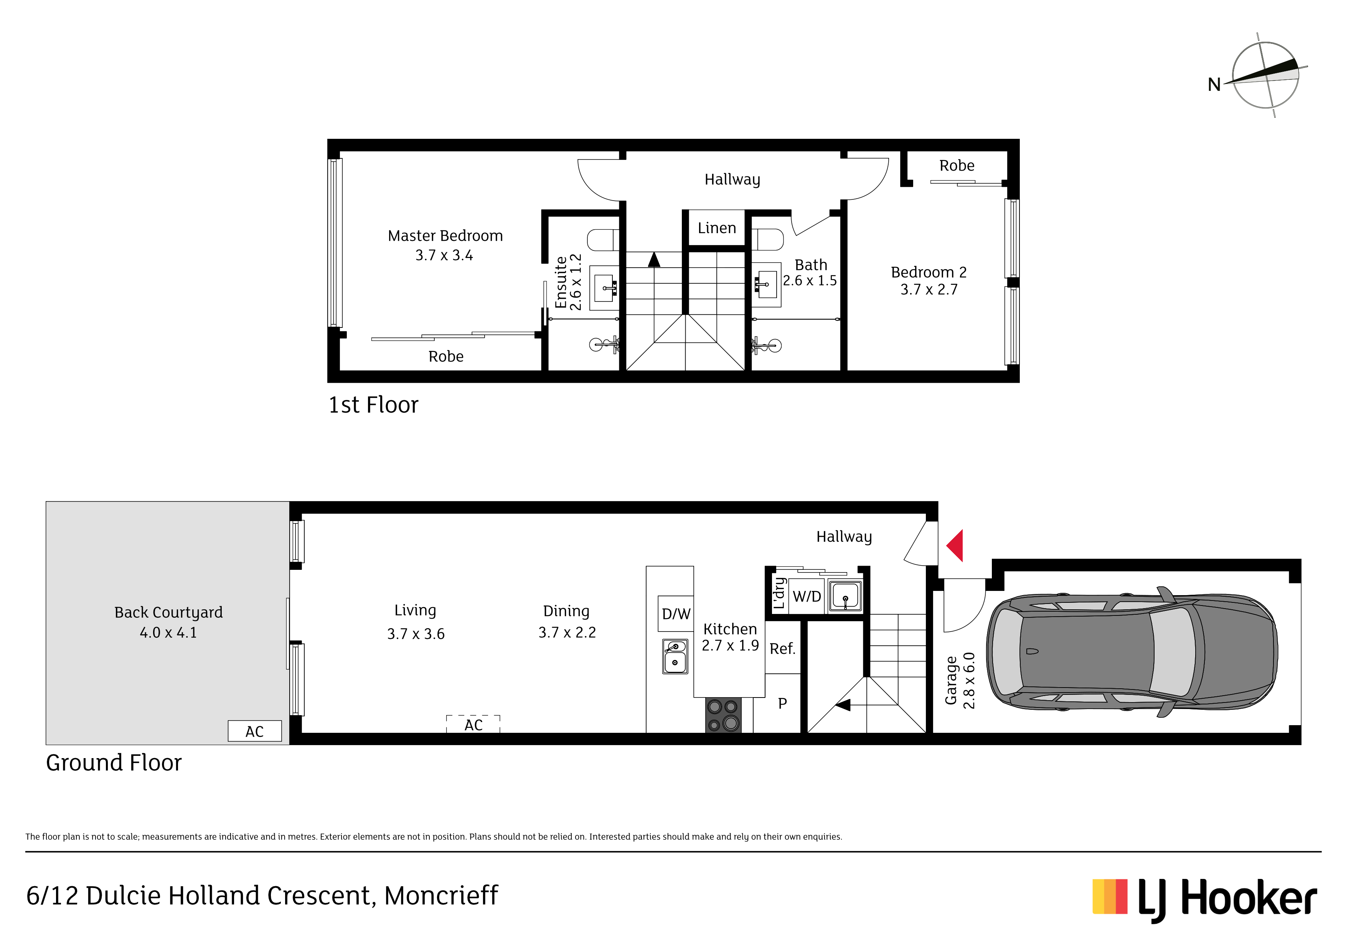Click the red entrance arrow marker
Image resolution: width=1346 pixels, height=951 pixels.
coord(955,546)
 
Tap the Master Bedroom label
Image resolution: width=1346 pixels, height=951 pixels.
coord(445,235)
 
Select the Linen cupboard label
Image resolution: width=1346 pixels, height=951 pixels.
coord(716,228)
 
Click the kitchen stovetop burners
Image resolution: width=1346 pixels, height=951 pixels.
coord(723,715)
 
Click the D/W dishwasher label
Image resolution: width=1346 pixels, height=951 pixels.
coord(676,614)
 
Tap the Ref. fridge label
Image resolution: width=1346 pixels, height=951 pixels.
coord(782,649)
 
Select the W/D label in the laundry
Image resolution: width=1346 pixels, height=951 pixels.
coord(807,597)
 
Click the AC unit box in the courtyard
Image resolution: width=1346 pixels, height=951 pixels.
coord(254,731)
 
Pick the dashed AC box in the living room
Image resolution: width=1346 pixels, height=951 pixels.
coord(473,724)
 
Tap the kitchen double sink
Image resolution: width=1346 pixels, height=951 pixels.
coord(675,656)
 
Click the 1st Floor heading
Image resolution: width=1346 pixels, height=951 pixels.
coord(373,405)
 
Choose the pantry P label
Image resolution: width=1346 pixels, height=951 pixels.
coord(782,703)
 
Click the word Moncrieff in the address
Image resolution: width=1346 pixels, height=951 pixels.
coord(441,896)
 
